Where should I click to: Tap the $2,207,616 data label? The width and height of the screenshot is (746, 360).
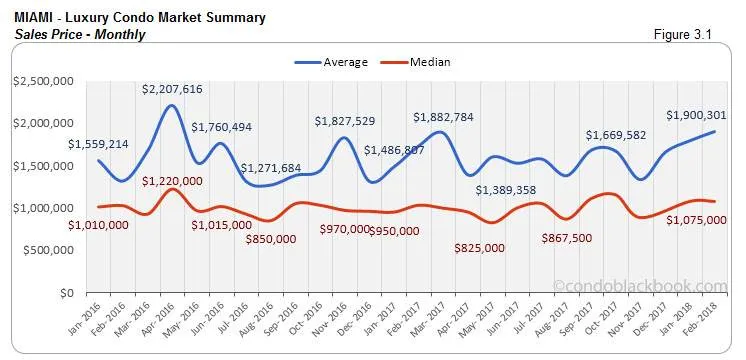172,90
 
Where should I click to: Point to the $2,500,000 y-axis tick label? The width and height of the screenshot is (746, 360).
42,80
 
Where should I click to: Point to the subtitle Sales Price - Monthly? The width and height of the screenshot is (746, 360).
80,34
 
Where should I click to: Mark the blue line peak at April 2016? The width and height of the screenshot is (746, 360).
171,106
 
